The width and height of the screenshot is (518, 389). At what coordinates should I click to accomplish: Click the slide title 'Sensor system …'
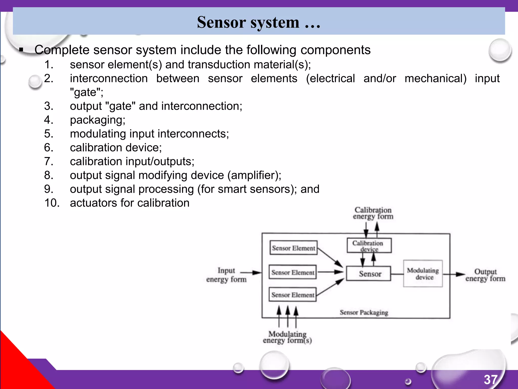pyautogui.click(x=258, y=22)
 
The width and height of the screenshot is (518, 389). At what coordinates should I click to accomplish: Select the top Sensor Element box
pyautogui.click(x=293, y=248)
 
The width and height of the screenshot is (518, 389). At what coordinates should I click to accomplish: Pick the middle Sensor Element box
pyautogui.click(x=293, y=272)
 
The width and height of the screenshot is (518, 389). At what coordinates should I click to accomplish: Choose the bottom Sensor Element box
pyautogui.click(x=293, y=295)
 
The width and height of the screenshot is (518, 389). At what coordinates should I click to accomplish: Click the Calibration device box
pyautogui.click(x=369, y=246)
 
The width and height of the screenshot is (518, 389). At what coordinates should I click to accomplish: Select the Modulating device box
pyautogui.click(x=423, y=274)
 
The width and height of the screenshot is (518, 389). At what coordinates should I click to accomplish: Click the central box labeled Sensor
pyautogui.click(x=369, y=274)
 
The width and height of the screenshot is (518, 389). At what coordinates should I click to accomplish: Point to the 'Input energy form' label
pyautogui.click(x=226, y=275)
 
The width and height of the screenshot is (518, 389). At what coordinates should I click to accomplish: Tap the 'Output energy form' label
pyautogui.click(x=485, y=275)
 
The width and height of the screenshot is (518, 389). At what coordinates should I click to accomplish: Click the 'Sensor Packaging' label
pyautogui.click(x=364, y=312)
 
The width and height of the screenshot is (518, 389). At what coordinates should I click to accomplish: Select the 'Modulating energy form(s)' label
pyautogui.click(x=287, y=337)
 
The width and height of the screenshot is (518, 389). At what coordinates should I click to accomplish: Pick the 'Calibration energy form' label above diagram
pyautogui.click(x=373, y=213)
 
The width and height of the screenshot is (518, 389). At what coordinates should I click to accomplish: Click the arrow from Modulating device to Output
pyautogui.click(x=454, y=274)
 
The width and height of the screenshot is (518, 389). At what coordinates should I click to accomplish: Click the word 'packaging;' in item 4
pyautogui.click(x=98, y=120)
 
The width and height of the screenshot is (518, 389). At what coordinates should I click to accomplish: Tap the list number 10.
pyautogui.click(x=52, y=203)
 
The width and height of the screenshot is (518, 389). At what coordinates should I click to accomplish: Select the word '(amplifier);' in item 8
pyautogui.click(x=254, y=175)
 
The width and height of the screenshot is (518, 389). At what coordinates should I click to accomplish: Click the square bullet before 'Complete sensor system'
pyautogui.click(x=21, y=50)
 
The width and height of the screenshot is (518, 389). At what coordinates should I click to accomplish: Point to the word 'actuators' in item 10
pyautogui.click(x=93, y=203)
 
